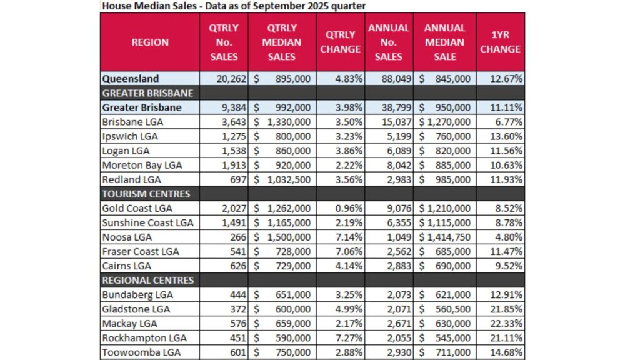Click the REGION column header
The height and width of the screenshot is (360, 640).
(x=150, y=42)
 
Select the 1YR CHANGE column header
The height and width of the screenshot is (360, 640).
(x=500, y=42)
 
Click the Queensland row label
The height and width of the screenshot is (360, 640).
(x=131, y=79)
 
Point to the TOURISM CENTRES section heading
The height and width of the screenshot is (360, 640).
(x=146, y=194)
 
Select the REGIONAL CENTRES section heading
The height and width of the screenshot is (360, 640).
(x=148, y=280)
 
